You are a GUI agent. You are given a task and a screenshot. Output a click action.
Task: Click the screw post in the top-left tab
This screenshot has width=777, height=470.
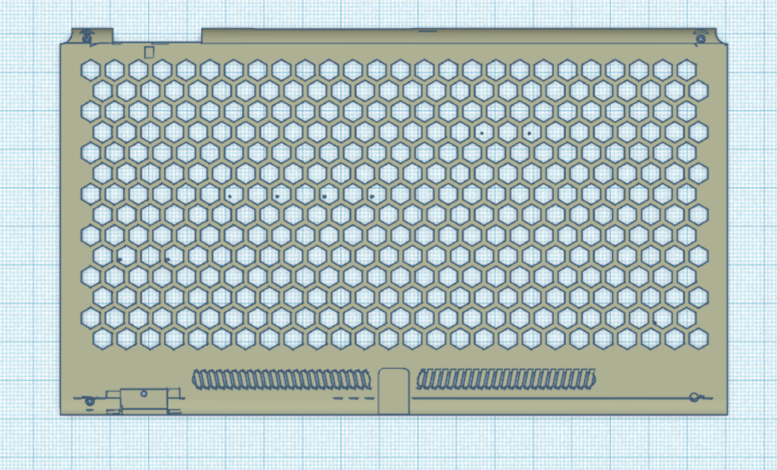pos(87,37)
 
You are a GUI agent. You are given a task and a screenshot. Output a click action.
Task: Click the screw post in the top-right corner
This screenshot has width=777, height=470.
pos(700,38)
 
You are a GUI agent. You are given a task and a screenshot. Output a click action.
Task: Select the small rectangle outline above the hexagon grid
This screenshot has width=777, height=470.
pos(149,52)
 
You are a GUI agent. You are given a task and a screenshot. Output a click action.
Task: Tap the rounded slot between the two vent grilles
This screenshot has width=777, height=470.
pos(394,391)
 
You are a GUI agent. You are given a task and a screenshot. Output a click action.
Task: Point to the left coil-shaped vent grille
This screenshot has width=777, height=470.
pos(282,380)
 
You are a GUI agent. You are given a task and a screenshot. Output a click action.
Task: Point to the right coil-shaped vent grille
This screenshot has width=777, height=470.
pos(506,379)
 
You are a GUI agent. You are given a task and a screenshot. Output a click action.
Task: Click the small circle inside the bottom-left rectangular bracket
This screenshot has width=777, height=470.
pos(144,394)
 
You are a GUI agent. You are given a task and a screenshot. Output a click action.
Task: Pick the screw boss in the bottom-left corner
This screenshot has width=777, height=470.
pos(90,401)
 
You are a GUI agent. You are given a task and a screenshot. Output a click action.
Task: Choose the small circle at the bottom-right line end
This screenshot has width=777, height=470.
pos(694,397)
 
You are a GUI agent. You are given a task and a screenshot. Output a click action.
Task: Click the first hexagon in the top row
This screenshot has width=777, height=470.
pos(91,70)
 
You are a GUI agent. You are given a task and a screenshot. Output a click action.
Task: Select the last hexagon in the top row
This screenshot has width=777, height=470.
pos(686,70)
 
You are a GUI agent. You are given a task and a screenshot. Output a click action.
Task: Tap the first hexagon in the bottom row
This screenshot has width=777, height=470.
pos(102,339)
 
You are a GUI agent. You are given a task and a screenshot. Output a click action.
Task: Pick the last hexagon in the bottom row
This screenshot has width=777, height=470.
pos(698,339)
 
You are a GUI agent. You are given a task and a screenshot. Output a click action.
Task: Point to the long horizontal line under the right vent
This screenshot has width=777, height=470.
pos(551,398)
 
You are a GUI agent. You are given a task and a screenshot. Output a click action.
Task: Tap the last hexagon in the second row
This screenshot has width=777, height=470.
pos(698,90)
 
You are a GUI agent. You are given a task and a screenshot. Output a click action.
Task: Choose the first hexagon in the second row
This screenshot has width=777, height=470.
pos(102,90)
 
